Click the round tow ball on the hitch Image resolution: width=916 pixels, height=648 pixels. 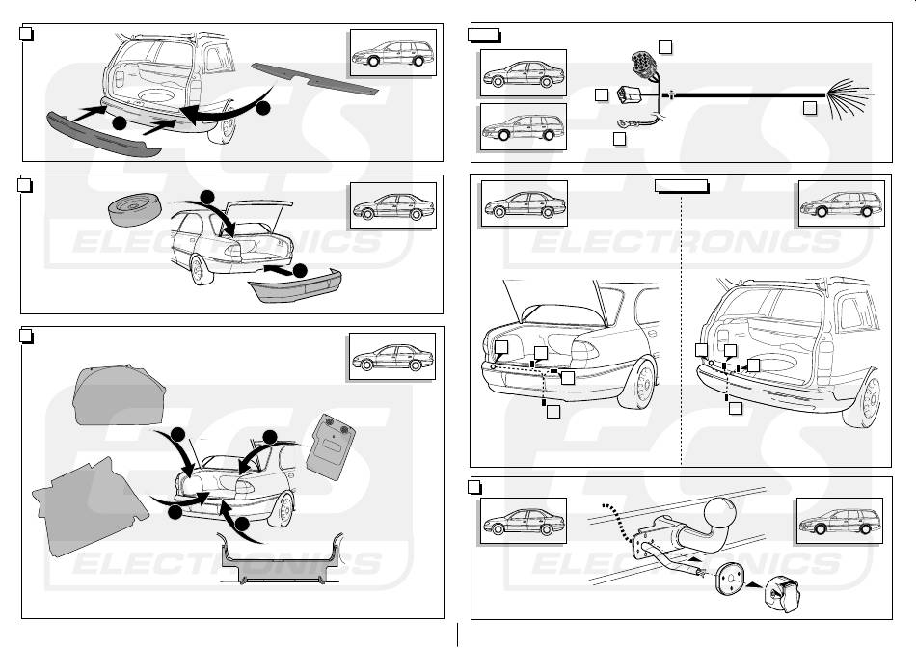pyautogui.click(x=719, y=511)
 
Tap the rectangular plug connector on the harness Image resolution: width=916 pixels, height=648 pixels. pyautogui.click(x=632, y=96)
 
